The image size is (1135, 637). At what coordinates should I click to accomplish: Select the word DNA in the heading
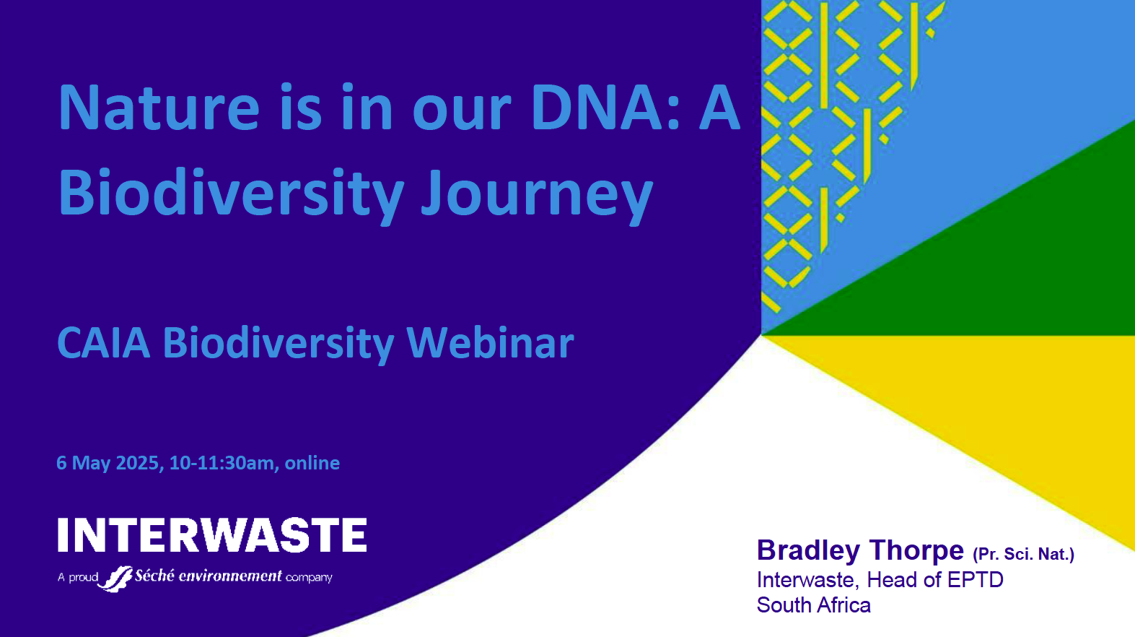[597, 108]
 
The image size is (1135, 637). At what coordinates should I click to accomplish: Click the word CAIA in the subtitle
[104, 343]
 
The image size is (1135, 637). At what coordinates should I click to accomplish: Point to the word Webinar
[491, 343]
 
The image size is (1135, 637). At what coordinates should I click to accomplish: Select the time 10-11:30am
[222, 463]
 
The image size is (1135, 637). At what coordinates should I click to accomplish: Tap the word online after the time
[312, 463]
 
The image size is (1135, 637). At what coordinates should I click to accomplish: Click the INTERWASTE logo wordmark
[212, 534]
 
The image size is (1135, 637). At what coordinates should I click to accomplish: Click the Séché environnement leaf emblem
[115, 578]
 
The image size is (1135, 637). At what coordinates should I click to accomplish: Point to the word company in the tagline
[309, 578]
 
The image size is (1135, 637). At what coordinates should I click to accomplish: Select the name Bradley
[808, 551]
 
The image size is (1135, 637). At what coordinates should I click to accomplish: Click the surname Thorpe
[916, 551]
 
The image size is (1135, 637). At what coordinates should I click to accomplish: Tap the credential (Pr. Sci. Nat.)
[1024, 555]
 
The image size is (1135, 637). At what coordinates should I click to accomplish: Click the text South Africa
[814, 605]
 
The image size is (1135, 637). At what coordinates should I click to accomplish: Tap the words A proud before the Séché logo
[78, 578]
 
